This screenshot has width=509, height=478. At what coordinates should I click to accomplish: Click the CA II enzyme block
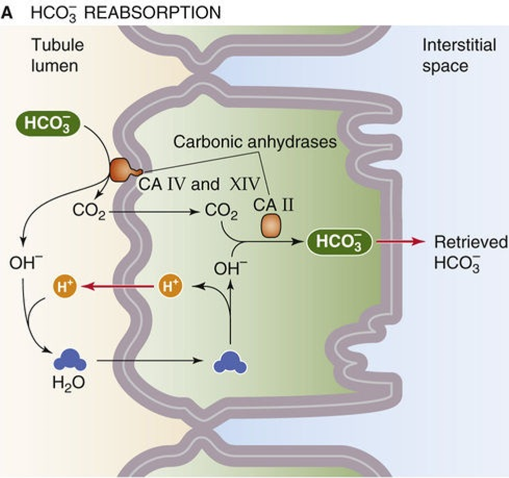(x=273, y=225)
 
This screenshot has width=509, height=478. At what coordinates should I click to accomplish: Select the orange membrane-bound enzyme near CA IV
(x=123, y=170)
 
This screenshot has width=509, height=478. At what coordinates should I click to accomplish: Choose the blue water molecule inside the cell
(x=231, y=361)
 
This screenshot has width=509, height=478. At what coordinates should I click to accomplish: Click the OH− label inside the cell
(x=230, y=269)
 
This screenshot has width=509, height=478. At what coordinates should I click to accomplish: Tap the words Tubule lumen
(x=48, y=55)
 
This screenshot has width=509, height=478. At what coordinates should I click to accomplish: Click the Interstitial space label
(x=458, y=55)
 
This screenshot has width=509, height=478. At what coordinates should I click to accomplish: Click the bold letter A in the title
(x=8, y=13)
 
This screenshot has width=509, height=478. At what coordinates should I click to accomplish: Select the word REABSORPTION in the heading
(x=153, y=13)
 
